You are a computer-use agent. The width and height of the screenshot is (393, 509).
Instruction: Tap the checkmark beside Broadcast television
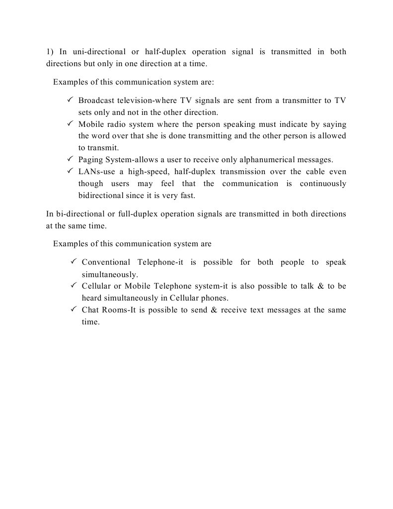coord(70,100)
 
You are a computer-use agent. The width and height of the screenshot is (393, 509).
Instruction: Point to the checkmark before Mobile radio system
coord(70,124)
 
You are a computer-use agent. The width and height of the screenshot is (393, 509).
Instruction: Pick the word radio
coord(114,124)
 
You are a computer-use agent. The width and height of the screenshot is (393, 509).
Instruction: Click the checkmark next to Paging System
coord(70,159)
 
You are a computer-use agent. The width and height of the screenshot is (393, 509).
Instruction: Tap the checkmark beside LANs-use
coord(70,171)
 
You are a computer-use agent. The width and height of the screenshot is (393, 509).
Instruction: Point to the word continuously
coord(323,184)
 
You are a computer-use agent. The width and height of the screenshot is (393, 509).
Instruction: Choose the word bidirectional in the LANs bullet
coord(100,196)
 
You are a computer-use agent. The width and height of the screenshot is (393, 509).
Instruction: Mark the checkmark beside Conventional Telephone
coord(73,261)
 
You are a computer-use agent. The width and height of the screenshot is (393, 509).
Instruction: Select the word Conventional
coord(106,262)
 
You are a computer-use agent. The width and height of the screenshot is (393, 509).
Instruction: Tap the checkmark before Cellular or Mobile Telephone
coord(73,286)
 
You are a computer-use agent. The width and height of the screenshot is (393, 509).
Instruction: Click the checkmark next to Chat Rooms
coord(73,309)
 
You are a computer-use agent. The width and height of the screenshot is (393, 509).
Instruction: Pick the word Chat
coord(90,310)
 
